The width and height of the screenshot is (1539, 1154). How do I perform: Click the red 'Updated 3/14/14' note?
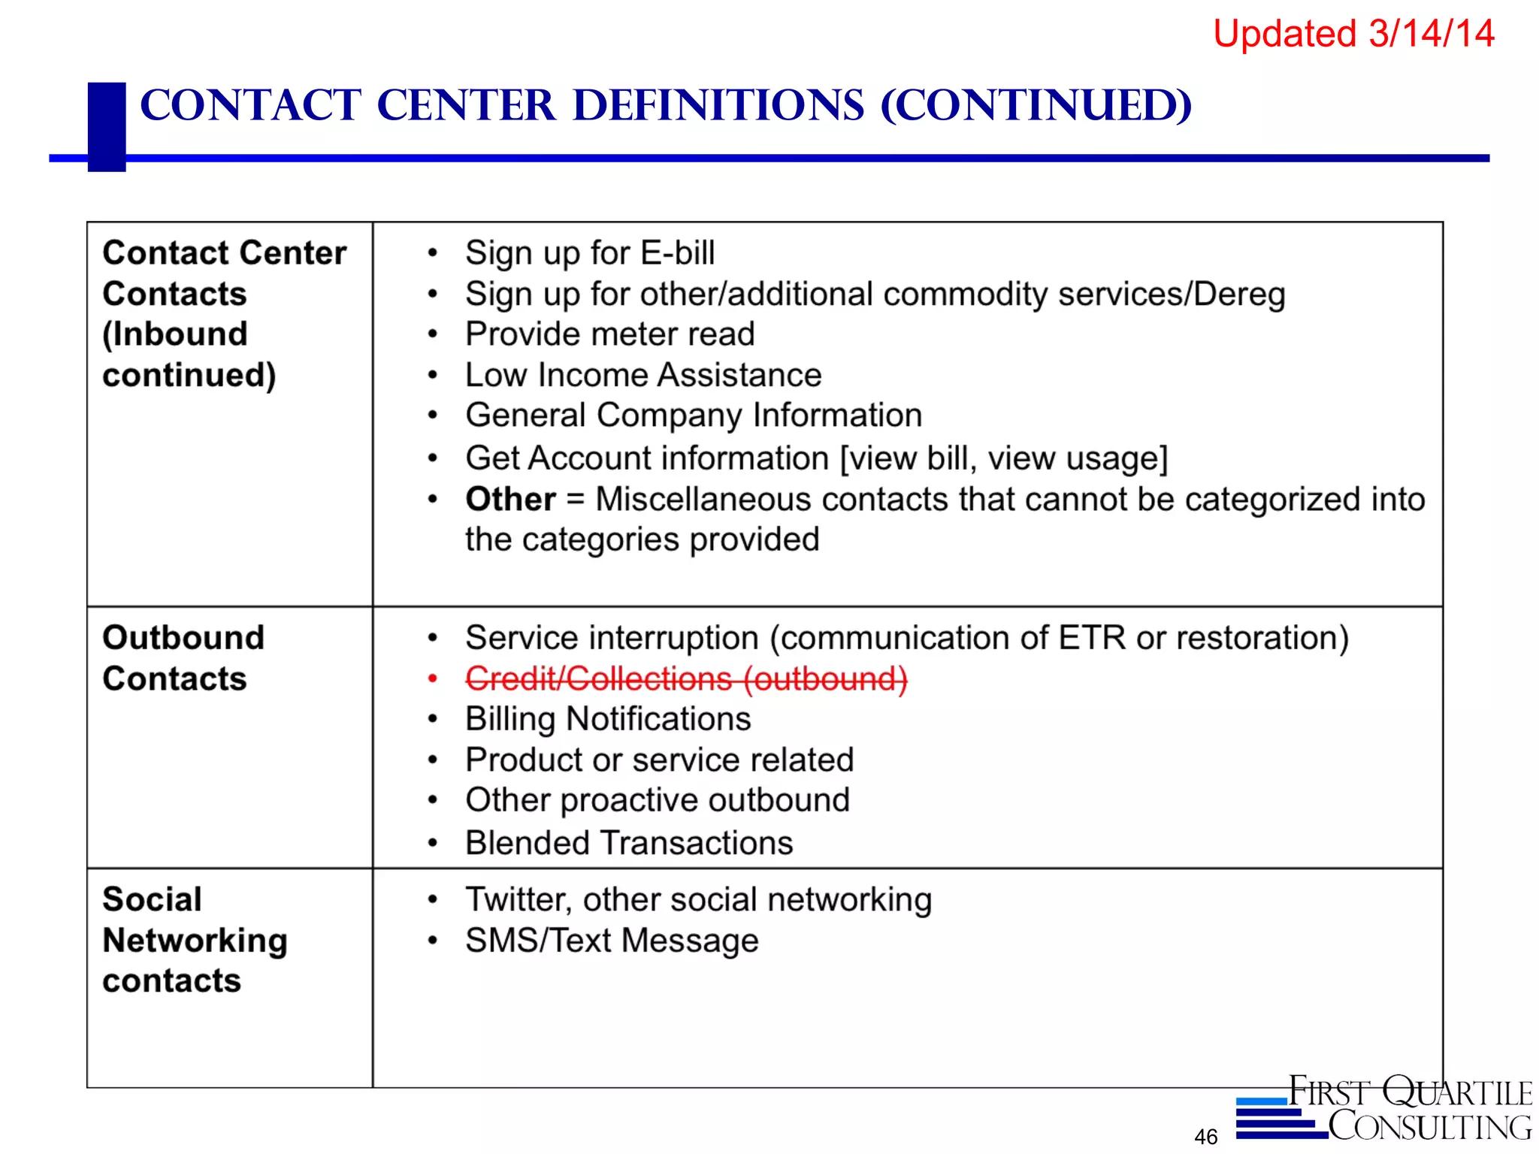pyautogui.click(x=1353, y=35)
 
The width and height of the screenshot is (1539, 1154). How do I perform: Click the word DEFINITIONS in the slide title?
pyautogui.click(x=718, y=105)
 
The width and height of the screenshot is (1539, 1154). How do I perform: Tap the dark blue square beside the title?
pyautogui.click(x=107, y=126)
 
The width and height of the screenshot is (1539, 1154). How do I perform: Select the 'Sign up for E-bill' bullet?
pyautogui.click(x=589, y=253)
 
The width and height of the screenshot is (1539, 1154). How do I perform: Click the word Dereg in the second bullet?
pyautogui.click(x=1239, y=294)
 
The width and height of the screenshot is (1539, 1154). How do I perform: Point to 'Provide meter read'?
pyautogui.click(x=609, y=334)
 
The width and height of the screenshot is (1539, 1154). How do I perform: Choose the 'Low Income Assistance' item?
pyautogui.click(x=643, y=375)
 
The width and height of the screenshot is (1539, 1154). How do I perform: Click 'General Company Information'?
pyautogui.click(x=693, y=415)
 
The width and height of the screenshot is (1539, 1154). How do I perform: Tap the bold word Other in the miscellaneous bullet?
pyautogui.click(x=510, y=499)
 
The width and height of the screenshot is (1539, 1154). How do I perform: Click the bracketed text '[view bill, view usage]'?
pyautogui.click(x=1003, y=458)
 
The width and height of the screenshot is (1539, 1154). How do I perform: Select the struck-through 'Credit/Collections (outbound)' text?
pyautogui.click(x=686, y=678)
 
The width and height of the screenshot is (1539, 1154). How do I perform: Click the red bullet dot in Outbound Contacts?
pyautogui.click(x=433, y=679)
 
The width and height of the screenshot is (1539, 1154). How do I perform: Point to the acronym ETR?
pyautogui.click(x=1092, y=638)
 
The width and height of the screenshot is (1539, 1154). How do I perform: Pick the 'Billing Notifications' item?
pyautogui.click(x=608, y=719)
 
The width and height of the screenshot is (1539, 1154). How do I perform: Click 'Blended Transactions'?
pyautogui.click(x=629, y=843)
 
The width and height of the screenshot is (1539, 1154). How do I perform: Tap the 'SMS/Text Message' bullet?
pyautogui.click(x=612, y=941)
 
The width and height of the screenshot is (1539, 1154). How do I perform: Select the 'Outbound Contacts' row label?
pyautogui.click(x=183, y=658)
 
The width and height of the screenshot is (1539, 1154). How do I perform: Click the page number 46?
pyautogui.click(x=1205, y=1137)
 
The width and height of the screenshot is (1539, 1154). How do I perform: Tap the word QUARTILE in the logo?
pyautogui.click(x=1457, y=1092)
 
